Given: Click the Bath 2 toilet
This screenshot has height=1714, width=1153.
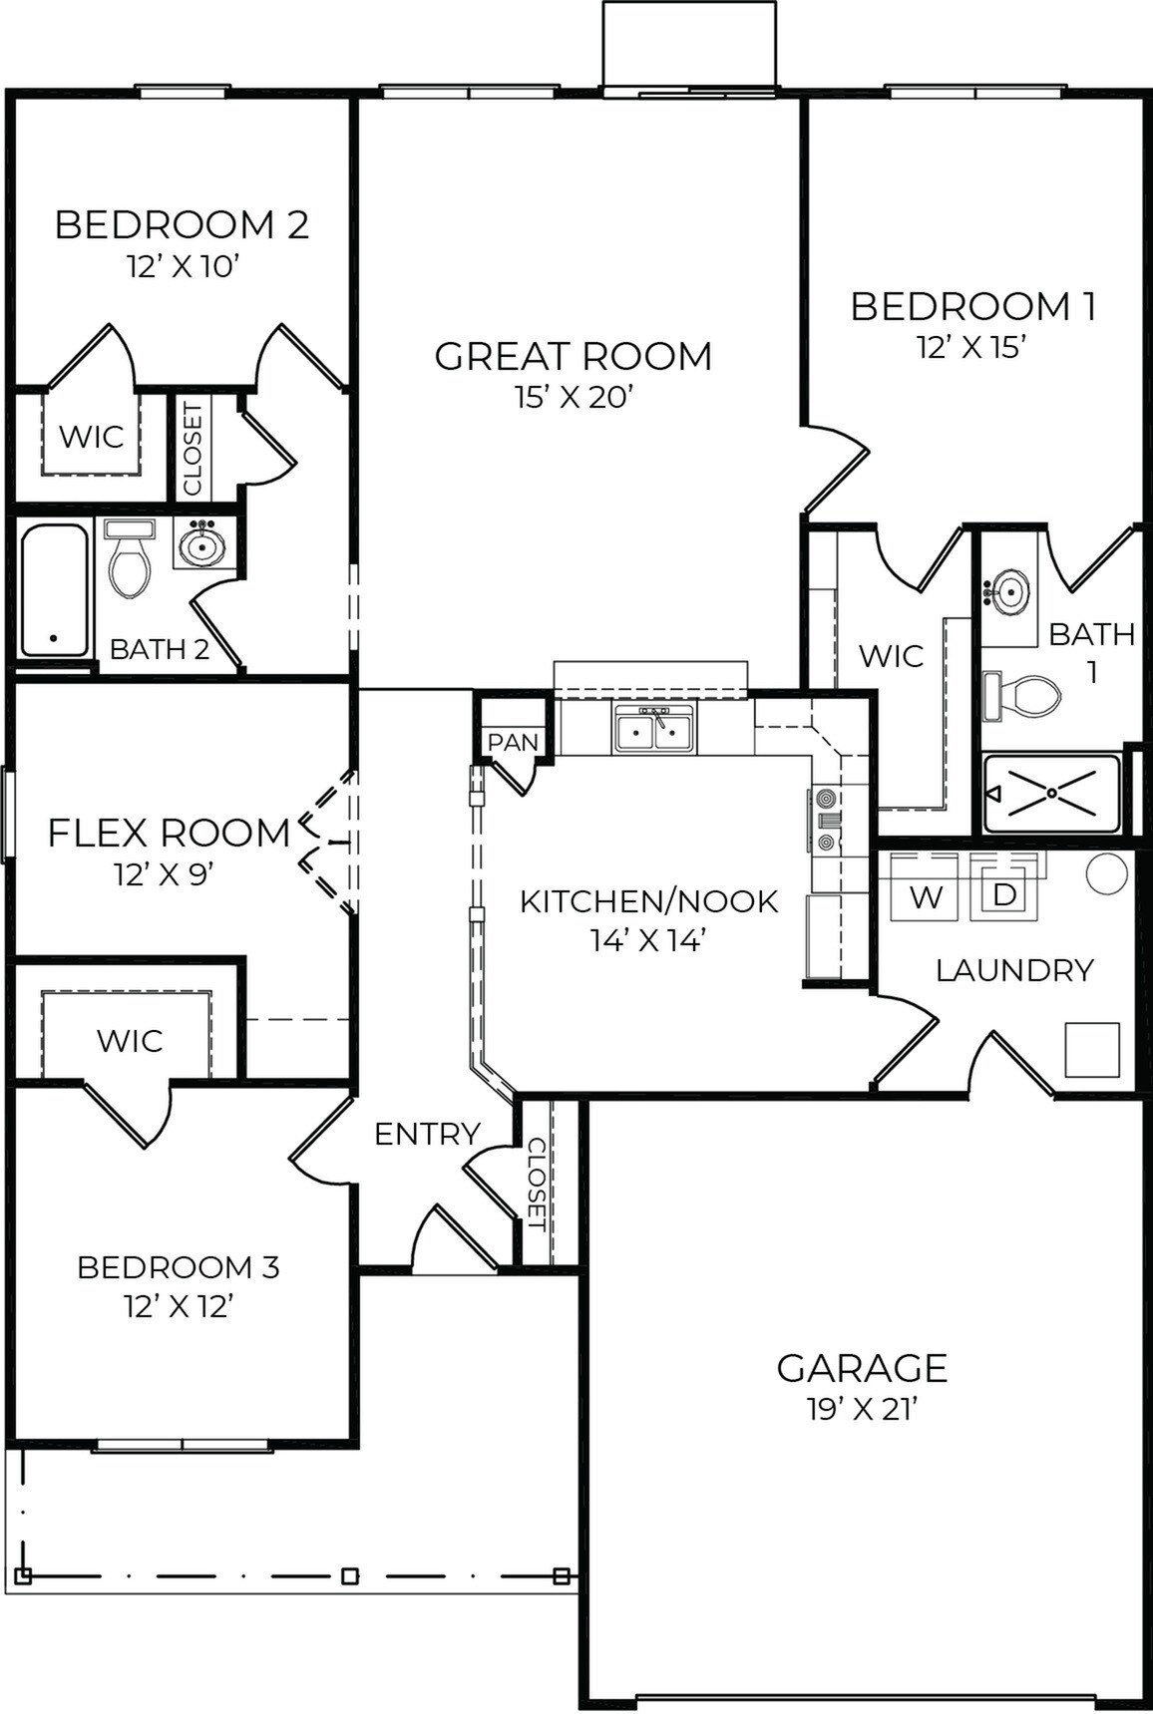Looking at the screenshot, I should click(x=130, y=563).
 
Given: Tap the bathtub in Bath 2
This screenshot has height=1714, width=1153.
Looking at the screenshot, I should click(x=54, y=589).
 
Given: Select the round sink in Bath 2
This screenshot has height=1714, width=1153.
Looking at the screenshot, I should click(x=204, y=544).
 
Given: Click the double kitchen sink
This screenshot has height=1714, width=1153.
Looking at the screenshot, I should click(x=654, y=729).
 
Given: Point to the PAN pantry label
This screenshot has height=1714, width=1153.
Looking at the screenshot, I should click(x=513, y=743).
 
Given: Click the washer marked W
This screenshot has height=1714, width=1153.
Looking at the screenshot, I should click(x=926, y=896).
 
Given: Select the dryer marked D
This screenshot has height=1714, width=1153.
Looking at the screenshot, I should click(x=1004, y=894).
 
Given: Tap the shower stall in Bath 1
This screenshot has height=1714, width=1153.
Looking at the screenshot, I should click(x=1052, y=794).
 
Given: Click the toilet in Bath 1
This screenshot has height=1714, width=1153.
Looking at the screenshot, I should click(x=1023, y=696).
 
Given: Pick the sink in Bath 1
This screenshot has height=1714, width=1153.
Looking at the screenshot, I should click(x=1009, y=592).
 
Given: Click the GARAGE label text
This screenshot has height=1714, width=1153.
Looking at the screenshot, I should click(x=862, y=1368).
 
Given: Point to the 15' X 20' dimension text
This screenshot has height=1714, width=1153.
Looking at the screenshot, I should click(x=574, y=398).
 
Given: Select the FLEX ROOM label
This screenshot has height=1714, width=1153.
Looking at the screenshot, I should click(x=169, y=833).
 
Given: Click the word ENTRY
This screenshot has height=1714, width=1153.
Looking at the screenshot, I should click(x=427, y=1134).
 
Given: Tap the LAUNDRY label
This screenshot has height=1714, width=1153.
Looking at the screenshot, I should click(x=1014, y=970).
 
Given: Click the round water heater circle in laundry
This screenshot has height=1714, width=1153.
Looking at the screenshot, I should click(x=1106, y=874).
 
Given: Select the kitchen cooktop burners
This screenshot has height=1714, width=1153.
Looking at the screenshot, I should click(x=827, y=821).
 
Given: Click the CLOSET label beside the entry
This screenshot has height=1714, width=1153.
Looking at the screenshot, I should click(x=536, y=1185).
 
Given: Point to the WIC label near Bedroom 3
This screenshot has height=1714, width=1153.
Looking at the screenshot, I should click(x=130, y=1041).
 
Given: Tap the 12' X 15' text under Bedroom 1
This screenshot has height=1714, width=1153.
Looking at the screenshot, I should click(x=971, y=347).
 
